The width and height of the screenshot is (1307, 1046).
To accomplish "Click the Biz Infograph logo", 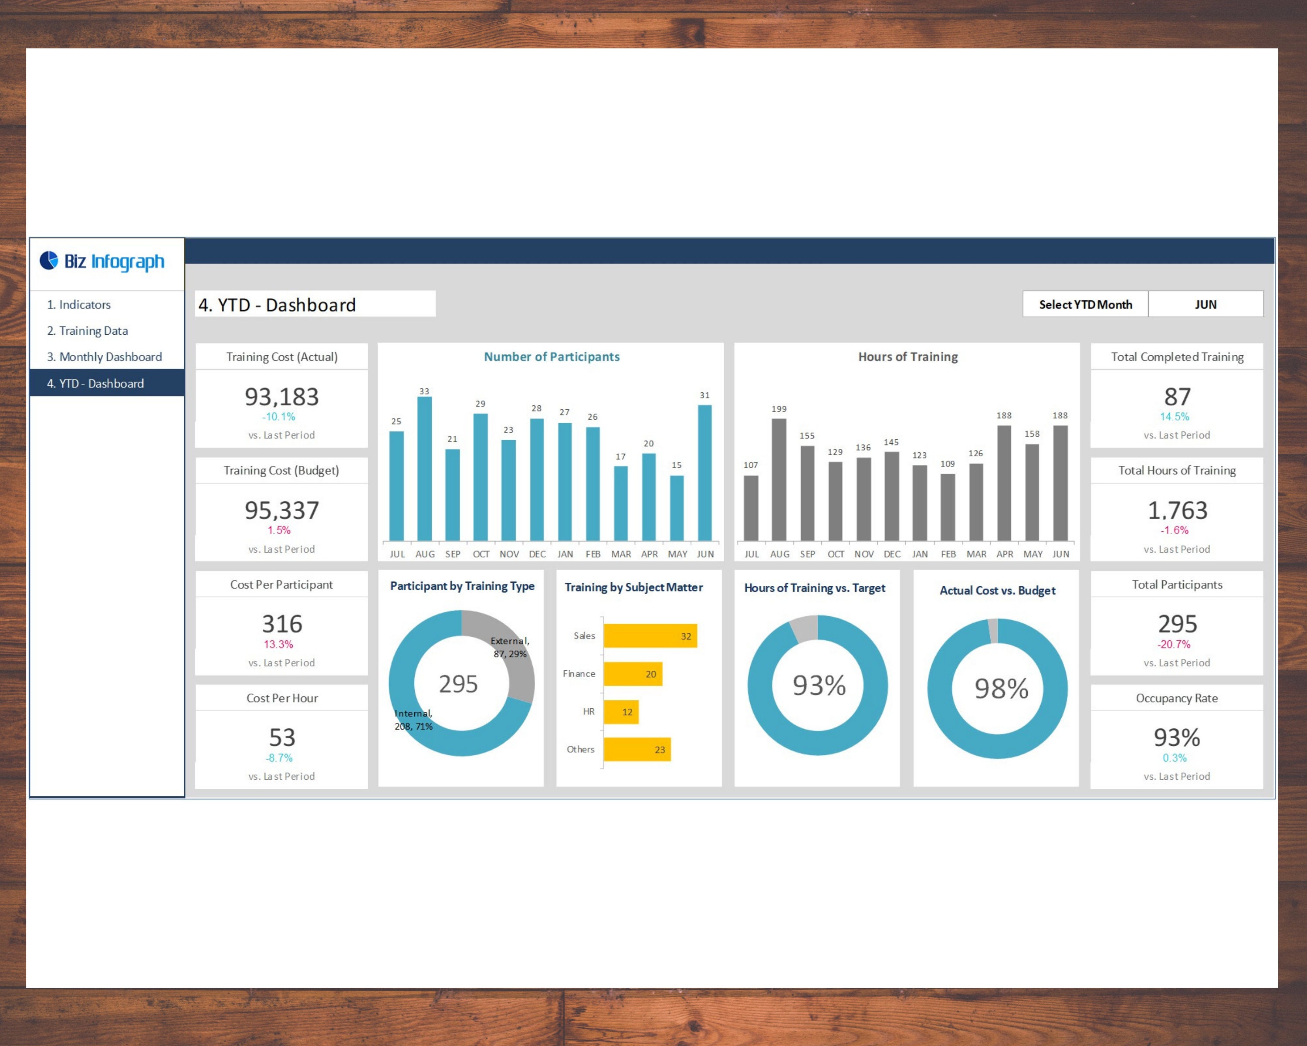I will [102, 261].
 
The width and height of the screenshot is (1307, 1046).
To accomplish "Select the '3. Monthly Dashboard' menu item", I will [104, 357].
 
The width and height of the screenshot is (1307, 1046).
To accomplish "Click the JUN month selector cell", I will [1205, 304].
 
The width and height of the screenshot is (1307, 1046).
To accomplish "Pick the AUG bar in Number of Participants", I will [424, 468].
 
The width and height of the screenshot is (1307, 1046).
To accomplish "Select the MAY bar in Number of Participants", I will [677, 508].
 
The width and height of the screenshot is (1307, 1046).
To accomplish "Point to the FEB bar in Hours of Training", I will [948, 507].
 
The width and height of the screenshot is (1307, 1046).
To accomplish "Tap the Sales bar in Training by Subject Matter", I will [650, 636].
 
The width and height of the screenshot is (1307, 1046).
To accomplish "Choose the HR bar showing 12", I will [621, 712].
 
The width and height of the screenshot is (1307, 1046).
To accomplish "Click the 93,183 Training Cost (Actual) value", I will [282, 397].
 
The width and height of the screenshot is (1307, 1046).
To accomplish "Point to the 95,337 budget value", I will [282, 510].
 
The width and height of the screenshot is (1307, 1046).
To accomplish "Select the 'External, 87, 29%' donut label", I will [510, 648].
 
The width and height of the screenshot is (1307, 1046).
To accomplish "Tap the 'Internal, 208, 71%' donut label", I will [413, 720].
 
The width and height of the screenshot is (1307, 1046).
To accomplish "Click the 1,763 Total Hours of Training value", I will [1177, 510].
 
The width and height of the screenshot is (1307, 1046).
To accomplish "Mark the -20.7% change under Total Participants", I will [1174, 644].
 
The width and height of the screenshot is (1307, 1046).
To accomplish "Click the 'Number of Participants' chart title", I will [552, 357].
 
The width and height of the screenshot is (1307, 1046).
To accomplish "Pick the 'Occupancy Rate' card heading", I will [1177, 698].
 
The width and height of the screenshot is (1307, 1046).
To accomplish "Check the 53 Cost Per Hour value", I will [282, 738].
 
